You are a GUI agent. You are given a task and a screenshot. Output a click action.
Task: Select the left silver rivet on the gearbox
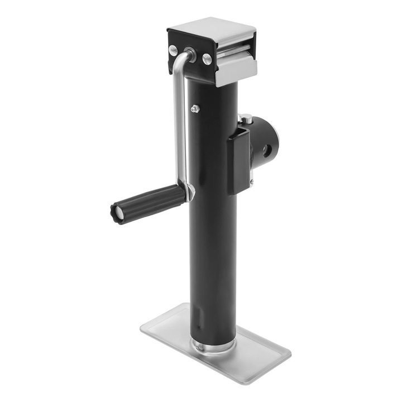coord(173,50)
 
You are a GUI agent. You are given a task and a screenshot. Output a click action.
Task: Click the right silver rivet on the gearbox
coord(207,58)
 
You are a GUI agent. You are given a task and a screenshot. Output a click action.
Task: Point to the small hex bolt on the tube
coord(195,108)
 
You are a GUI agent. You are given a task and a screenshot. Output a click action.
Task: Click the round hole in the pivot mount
coord(266,150)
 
